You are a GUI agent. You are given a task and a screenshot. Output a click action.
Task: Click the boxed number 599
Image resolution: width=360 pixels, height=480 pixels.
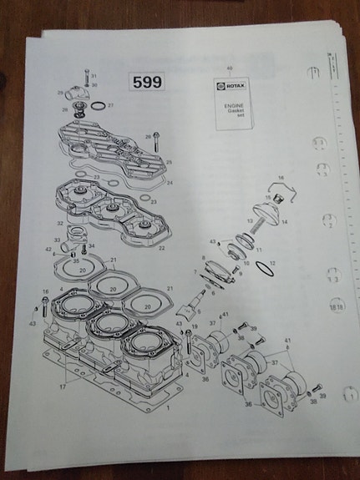click(x=148, y=82)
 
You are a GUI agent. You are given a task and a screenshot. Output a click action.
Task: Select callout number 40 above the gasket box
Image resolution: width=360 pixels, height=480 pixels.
click(x=230, y=67)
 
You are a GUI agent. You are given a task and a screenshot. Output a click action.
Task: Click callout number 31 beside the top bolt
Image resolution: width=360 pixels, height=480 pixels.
click(x=94, y=76)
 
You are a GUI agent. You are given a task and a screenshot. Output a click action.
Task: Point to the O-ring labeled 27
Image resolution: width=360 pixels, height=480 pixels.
click(x=97, y=106)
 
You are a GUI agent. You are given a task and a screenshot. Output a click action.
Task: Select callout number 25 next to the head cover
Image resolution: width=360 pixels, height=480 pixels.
click(x=170, y=163)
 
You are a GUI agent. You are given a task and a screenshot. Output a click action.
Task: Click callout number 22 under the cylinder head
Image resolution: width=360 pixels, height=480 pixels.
click(x=162, y=248)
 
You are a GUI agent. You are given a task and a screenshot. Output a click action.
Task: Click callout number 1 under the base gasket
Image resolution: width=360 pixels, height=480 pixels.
click(x=169, y=409)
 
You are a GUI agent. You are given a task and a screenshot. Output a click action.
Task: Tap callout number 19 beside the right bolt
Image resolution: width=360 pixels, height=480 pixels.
click(x=195, y=328)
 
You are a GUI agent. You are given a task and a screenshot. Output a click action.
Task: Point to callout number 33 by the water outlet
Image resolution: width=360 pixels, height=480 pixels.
click(x=58, y=240)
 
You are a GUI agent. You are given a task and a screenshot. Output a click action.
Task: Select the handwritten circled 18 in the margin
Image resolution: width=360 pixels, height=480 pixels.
click(x=337, y=306)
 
